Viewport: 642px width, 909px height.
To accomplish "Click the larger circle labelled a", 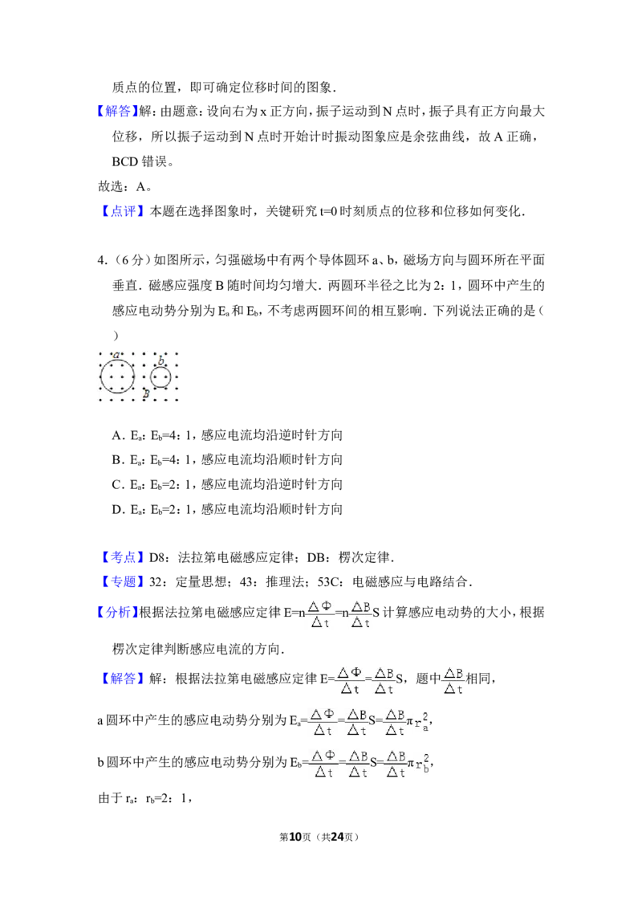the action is coord(101,377).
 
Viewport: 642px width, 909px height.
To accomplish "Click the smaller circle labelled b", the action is coord(151,378).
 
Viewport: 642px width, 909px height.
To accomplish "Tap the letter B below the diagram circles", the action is coord(147,393).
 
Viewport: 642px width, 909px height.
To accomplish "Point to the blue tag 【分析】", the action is coord(118,612).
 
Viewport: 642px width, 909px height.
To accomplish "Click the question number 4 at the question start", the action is coord(101,260).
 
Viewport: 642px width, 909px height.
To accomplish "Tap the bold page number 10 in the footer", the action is coord(295,837).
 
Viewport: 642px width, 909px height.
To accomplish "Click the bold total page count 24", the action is coord(337,837).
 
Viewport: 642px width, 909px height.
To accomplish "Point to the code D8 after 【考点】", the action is coord(157,558).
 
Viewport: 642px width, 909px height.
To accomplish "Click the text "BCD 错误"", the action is coord(140,161).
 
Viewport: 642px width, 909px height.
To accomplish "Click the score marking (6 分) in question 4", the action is coord(128,260).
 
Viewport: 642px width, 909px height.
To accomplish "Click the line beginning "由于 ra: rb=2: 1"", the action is coord(145,799).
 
